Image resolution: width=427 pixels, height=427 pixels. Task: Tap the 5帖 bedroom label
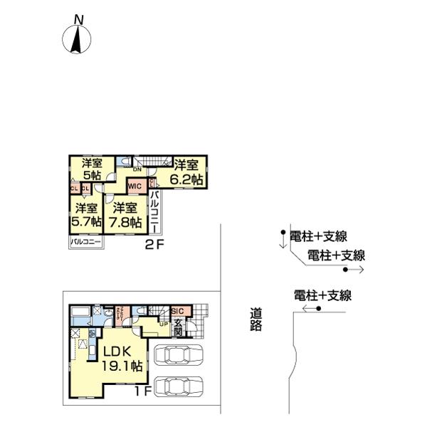90,169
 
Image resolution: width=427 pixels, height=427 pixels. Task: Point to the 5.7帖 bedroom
86,214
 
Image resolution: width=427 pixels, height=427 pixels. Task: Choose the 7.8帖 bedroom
124,214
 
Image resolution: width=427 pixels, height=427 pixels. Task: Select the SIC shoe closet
178,312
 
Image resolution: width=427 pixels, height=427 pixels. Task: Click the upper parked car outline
175,354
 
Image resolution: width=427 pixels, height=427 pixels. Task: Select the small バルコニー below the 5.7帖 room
86,243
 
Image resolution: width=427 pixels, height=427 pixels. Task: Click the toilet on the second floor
125,161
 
